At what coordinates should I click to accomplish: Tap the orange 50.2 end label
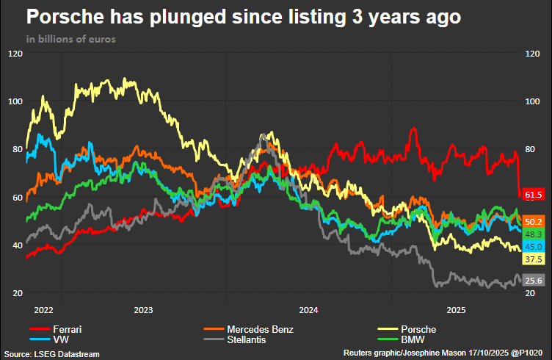[534, 221]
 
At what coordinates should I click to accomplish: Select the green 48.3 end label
[534, 234]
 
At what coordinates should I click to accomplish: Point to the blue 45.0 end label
[534, 247]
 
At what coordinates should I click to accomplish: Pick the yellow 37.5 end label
[534, 259]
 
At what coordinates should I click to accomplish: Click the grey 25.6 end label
[534, 281]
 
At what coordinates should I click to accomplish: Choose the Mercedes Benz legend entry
[260, 329]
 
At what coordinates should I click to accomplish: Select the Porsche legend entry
[418, 329]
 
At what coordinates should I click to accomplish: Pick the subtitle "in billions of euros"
[70, 39]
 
